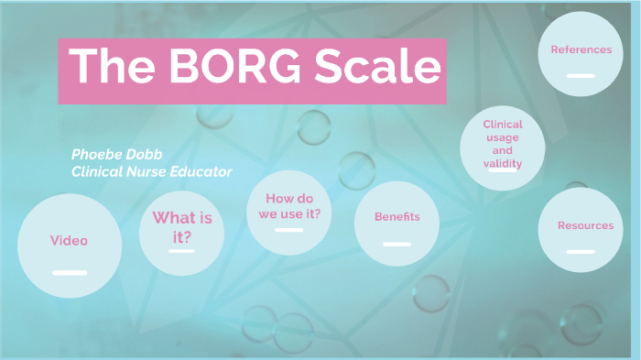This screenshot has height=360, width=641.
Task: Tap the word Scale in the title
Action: point(375,68)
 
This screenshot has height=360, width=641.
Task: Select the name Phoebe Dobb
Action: point(116,154)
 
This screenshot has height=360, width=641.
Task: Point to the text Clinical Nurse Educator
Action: point(152,171)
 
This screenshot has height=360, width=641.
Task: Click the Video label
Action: point(70,241)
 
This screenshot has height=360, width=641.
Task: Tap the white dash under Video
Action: point(70,272)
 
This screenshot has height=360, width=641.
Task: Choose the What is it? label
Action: point(182,226)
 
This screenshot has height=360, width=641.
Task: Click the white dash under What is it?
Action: point(182,250)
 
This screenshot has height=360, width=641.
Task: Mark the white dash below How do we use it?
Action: point(289,230)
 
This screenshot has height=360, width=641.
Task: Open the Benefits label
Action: point(397,217)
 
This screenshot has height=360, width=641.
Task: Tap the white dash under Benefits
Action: point(397,244)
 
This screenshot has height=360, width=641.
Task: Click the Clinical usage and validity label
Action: point(502,144)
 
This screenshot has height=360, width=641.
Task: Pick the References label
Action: point(581,49)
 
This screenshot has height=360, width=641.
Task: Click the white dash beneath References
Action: point(581,76)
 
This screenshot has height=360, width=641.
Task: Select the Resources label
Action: point(586,225)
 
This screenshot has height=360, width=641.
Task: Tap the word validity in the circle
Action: point(502,163)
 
